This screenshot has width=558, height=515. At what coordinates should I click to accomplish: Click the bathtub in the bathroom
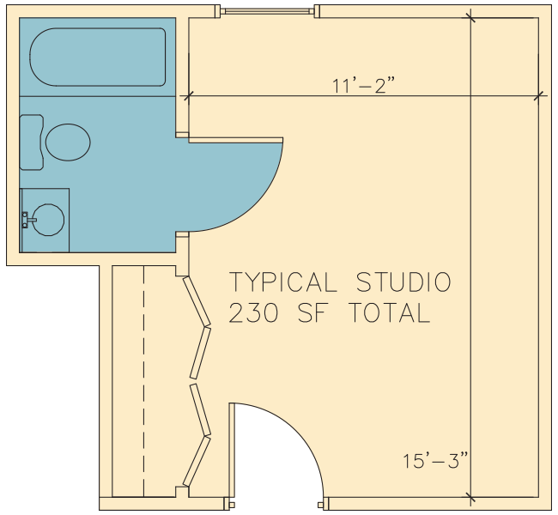98,57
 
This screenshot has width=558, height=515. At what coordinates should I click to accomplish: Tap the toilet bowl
68,142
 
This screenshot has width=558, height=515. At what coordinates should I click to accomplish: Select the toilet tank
31,142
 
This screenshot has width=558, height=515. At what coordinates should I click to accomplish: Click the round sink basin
48,220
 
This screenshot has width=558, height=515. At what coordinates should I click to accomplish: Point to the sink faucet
27,220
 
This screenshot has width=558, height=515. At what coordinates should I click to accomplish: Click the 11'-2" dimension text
363,86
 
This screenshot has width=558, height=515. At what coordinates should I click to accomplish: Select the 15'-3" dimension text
435,460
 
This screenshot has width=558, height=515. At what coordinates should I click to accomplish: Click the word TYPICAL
283,282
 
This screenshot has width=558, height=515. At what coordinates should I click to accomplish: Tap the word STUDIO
403,282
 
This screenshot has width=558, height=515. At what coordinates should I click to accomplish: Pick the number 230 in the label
253,312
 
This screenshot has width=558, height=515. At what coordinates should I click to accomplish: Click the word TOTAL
390,312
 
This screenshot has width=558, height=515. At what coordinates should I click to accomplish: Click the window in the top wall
267,11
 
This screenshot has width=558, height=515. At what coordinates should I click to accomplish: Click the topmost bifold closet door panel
197,301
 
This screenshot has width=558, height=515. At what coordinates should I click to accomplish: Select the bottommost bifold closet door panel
197,461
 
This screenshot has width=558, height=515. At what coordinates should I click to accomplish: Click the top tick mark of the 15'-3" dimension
470,17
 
